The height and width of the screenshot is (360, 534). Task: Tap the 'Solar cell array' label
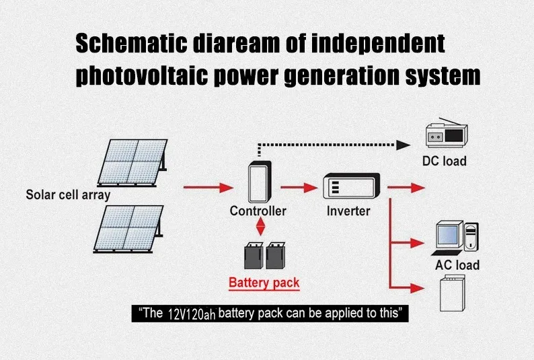point(68,195)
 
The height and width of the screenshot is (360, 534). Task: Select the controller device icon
point(258,180)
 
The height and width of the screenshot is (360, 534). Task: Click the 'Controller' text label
point(258,211)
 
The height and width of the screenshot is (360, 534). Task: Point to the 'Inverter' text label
point(348,211)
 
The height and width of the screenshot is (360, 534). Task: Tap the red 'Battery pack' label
point(264,283)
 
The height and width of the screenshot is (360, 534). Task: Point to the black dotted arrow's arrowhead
point(404,145)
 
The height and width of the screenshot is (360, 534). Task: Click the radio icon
point(445,134)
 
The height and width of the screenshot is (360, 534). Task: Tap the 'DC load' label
point(444,161)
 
